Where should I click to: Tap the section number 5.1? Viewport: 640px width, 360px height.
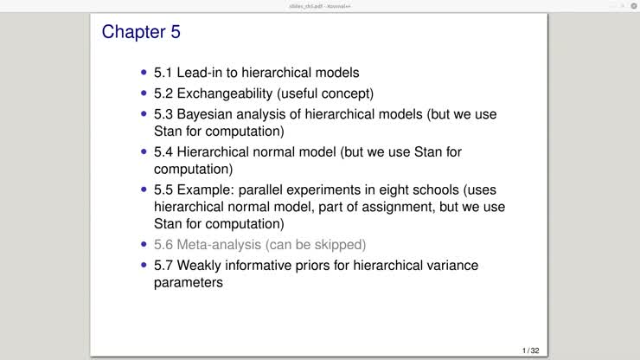163,73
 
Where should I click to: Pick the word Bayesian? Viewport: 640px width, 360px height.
208,113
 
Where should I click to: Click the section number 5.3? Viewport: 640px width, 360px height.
163,113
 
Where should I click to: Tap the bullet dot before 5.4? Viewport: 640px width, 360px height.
144,151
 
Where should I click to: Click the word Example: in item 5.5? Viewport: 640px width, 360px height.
208,190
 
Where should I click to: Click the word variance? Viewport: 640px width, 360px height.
447,265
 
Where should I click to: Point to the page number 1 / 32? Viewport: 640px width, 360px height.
530,350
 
